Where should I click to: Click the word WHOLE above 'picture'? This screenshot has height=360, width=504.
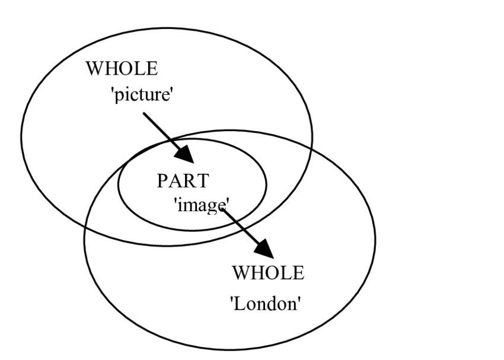(x=122, y=68)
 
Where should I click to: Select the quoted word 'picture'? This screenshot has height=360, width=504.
(x=142, y=94)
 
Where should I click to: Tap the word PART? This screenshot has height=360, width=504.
(x=183, y=181)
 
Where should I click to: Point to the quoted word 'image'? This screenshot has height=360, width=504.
(x=201, y=205)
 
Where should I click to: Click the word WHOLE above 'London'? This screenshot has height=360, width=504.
(x=267, y=273)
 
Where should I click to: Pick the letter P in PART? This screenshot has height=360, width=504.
(x=162, y=181)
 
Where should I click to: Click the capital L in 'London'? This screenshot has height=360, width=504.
(x=240, y=304)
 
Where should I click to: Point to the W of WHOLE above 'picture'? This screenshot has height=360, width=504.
(x=95, y=68)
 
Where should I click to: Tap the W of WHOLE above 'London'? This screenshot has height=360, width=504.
(x=240, y=273)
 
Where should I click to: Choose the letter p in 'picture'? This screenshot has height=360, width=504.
(x=119, y=96)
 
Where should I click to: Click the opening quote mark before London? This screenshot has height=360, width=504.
(x=232, y=300)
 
